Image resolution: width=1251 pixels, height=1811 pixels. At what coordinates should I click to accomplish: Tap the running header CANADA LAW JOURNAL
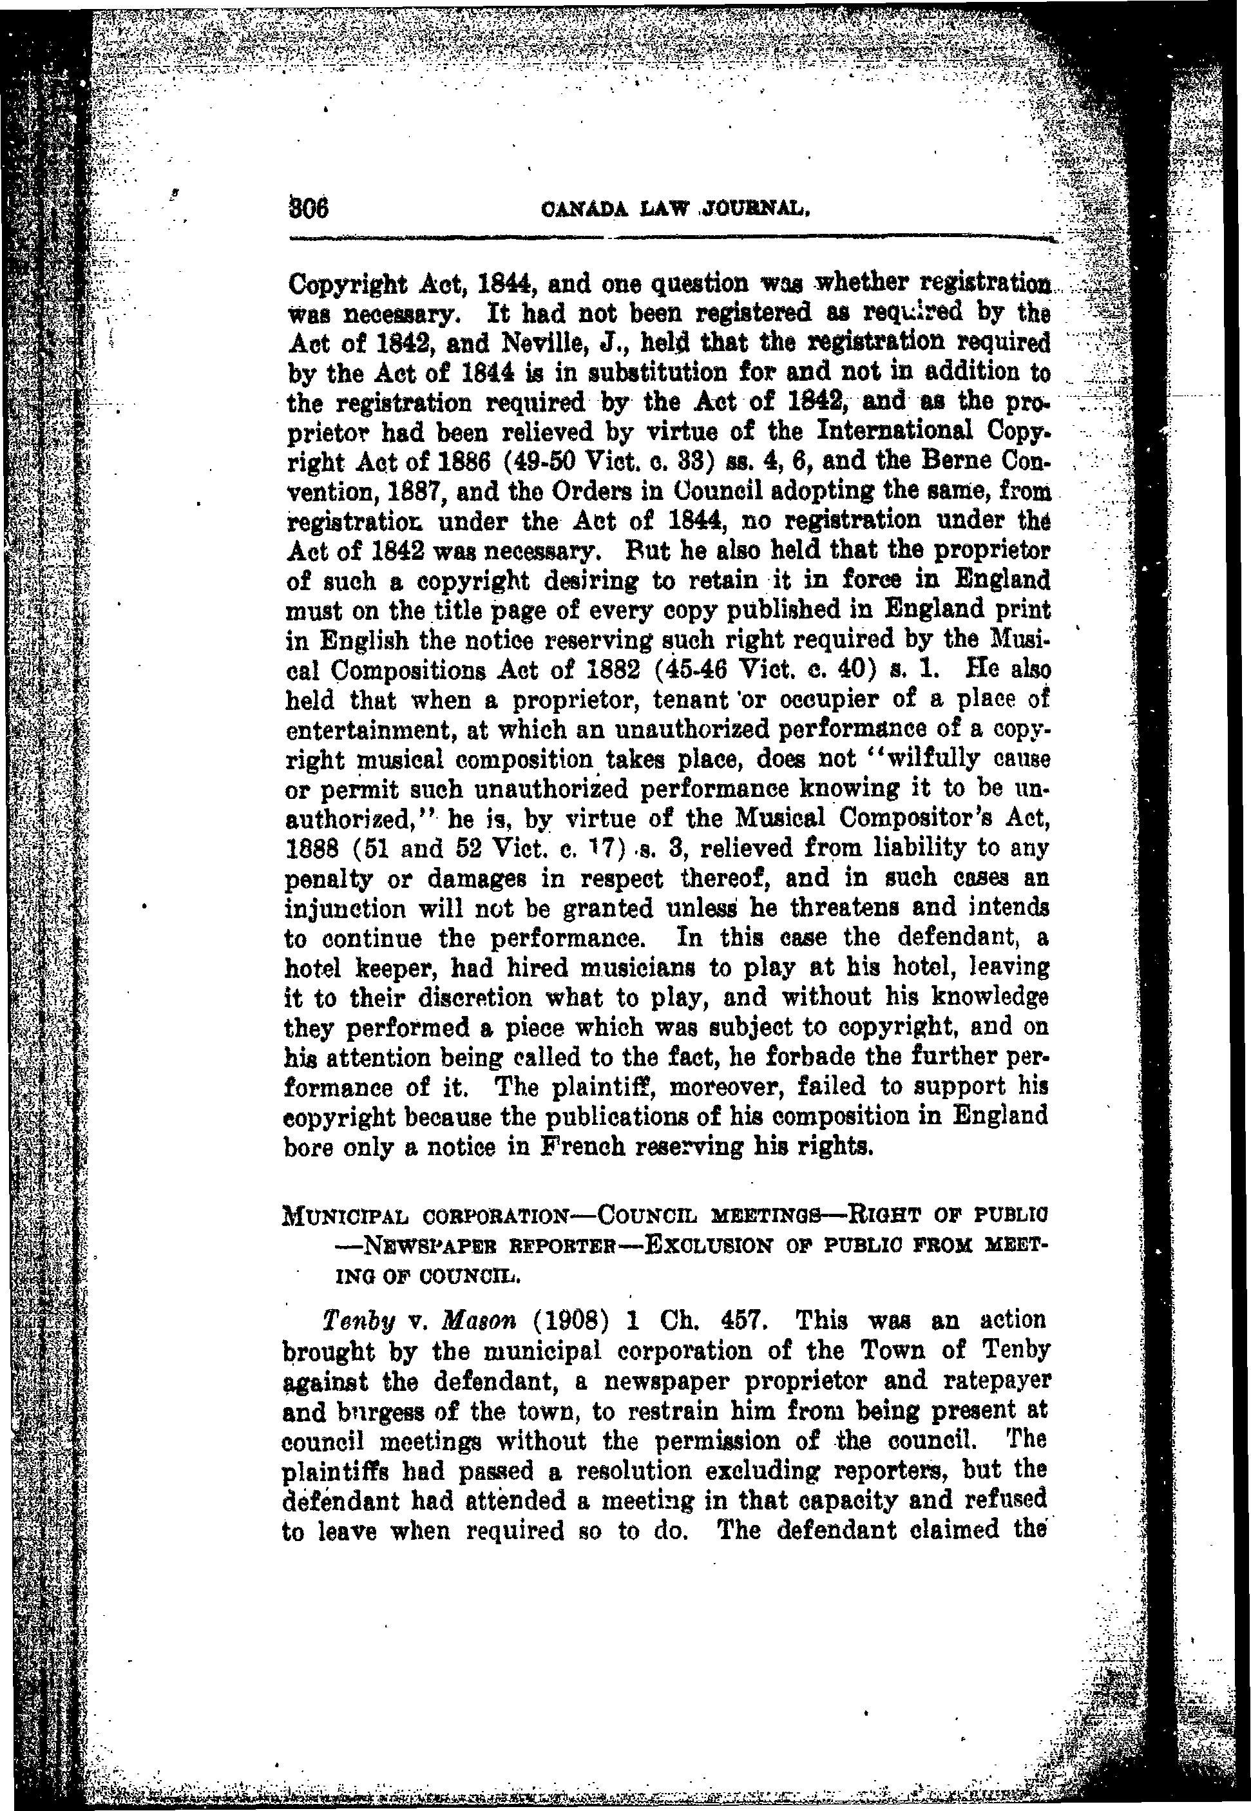pos(675,210)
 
